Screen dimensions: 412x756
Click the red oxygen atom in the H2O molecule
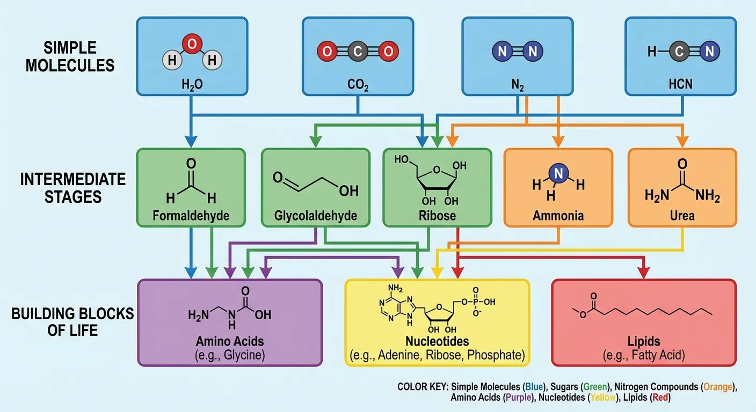(x=191, y=43)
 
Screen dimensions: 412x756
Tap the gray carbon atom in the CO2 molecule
(x=358, y=52)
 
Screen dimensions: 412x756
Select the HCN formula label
(x=681, y=84)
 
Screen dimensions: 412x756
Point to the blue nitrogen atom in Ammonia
(x=558, y=173)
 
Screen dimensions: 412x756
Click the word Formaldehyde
(x=191, y=216)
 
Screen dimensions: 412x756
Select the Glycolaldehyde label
(x=315, y=216)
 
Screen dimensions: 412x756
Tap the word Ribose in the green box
(x=437, y=216)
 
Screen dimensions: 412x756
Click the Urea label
(x=682, y=216)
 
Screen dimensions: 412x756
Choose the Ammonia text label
(x=558, y=216)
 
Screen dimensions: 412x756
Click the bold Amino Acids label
(x=230, y=341)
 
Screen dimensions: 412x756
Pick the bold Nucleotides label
(x=437, y=341)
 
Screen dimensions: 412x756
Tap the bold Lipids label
(x=643, y=341)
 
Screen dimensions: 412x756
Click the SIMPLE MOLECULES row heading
(x=70, y=56)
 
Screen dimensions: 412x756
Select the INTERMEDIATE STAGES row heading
(x=73, y=188)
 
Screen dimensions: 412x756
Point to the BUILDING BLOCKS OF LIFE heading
(x=72, y=321)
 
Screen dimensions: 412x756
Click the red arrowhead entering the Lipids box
(x=643, y=273)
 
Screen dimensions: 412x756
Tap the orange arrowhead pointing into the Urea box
(x=682, y=142)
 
